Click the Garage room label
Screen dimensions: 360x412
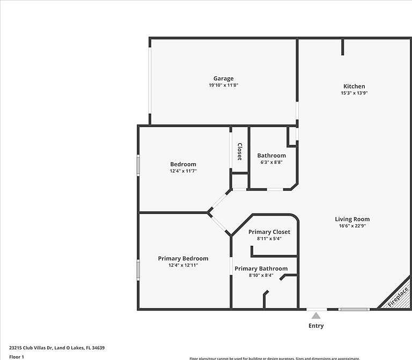[223, 78]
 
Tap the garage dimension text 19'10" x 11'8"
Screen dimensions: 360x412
[223, 85]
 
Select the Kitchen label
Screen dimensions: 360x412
[354, 86]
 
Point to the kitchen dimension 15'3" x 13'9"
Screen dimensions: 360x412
[354, 93]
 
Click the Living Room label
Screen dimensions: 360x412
[352, 219]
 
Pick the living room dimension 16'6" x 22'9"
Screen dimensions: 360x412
[352, 226]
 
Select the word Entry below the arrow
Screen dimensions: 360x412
[316, 326]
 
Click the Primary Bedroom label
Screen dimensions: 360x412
[183, 259]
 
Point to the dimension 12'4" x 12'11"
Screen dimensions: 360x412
[183, 265]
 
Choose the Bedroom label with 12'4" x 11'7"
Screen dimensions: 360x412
[183, 164]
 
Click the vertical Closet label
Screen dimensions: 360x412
[240, 151]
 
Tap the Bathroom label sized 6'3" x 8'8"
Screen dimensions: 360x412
[271, 156]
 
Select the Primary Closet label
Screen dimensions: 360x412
[269, 232]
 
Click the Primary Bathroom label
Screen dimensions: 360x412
[261, 269]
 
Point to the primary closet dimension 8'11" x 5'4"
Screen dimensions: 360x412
[269, 239]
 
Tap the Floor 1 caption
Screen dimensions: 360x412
[17, 356]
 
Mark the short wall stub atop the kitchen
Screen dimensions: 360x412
[342, 47]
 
